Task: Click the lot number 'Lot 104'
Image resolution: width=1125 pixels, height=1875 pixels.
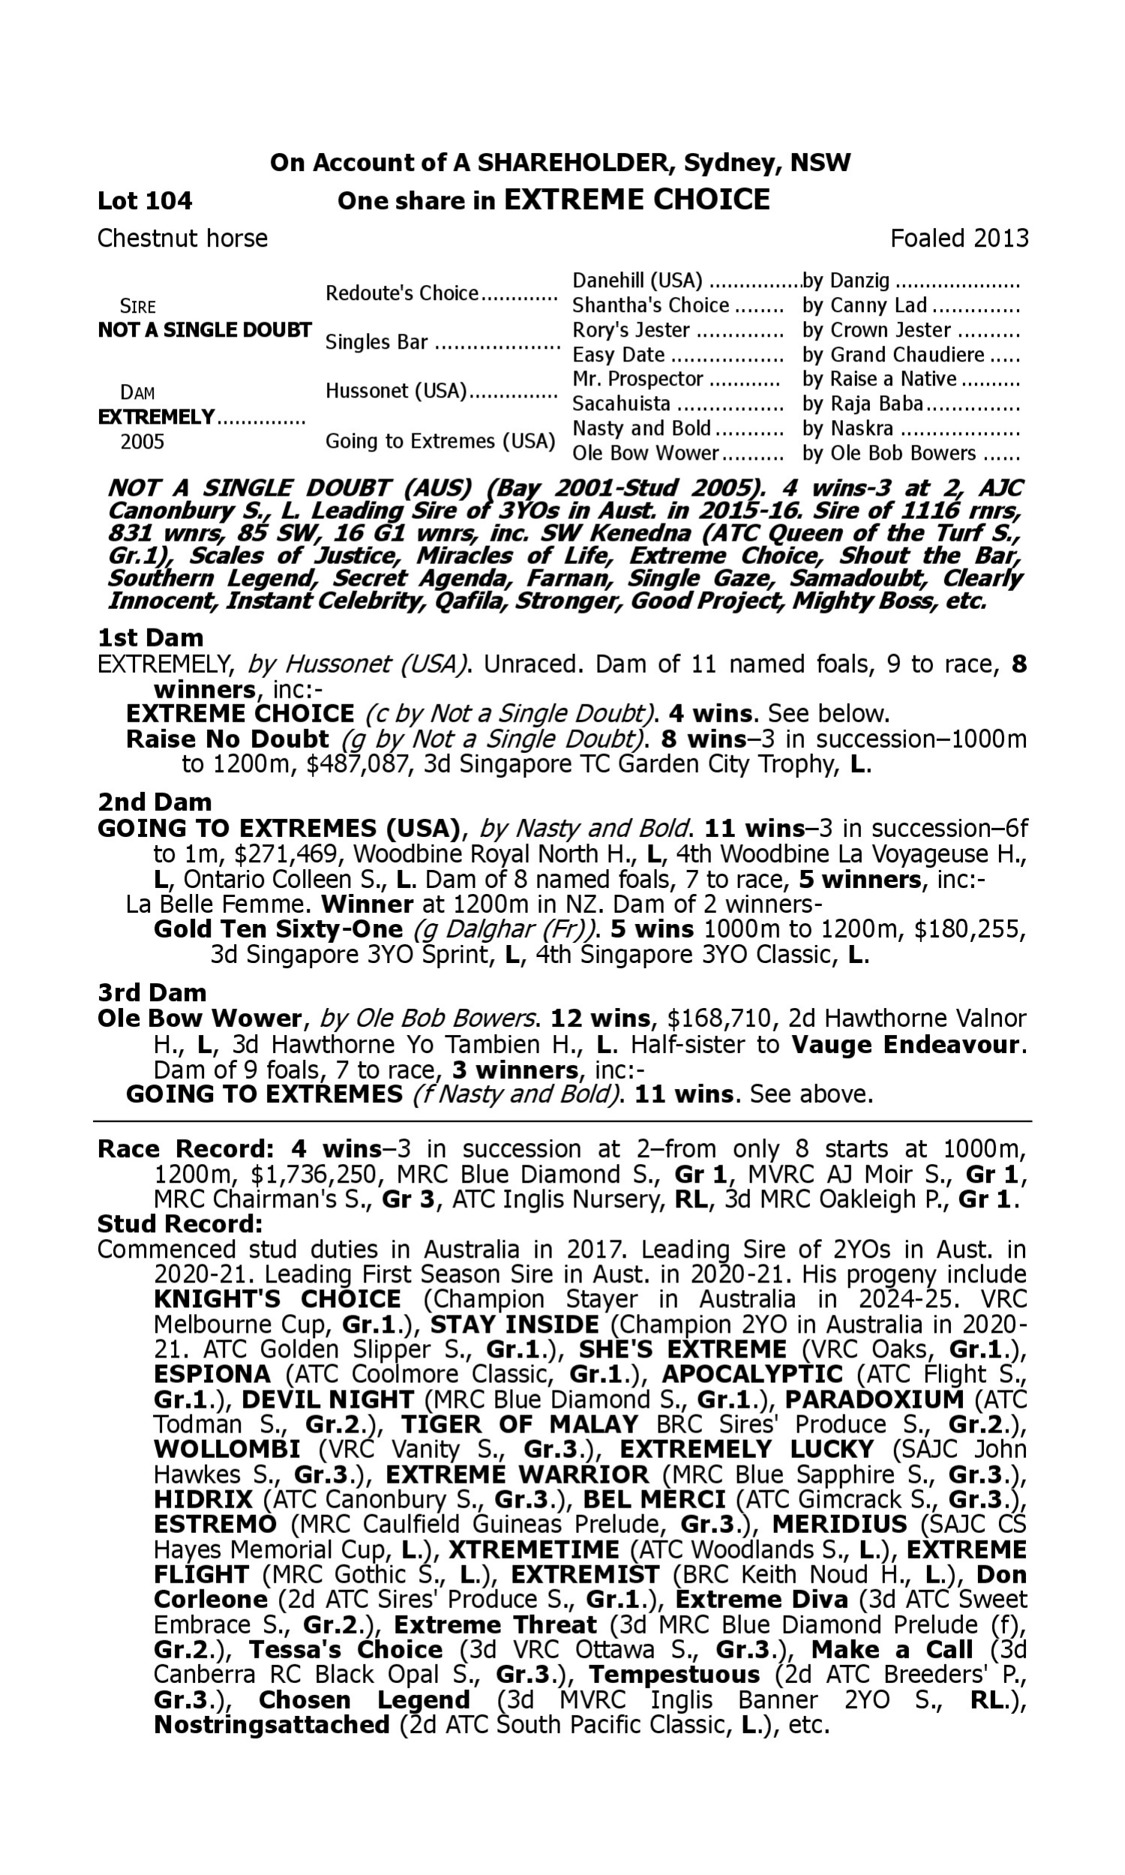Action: coord(145,201)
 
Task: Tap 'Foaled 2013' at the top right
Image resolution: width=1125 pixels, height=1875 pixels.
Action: coord(959,238)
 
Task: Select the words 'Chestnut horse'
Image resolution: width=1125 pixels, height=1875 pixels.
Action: coord(183,238)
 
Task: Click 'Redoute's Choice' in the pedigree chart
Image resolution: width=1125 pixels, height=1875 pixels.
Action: coord(402,293)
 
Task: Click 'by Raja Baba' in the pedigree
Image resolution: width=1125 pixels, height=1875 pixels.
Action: coord(862,403)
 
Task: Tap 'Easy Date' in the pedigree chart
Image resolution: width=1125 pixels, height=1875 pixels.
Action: coord(619,355)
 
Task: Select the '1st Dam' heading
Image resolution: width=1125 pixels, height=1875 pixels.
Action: coord(150,637)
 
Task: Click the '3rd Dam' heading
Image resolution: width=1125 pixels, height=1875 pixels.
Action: coord(152,992)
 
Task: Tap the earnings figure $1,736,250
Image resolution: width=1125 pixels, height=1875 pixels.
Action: coord(313,1174)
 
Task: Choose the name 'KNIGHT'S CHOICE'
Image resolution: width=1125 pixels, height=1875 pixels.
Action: coord(277,1299)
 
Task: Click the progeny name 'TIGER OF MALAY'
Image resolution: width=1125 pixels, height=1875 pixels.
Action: coord(519,1424)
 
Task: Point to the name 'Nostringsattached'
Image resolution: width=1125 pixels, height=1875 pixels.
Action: coord(271,1725)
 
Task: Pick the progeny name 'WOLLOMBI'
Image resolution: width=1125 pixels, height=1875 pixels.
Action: coord(226,1449)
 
